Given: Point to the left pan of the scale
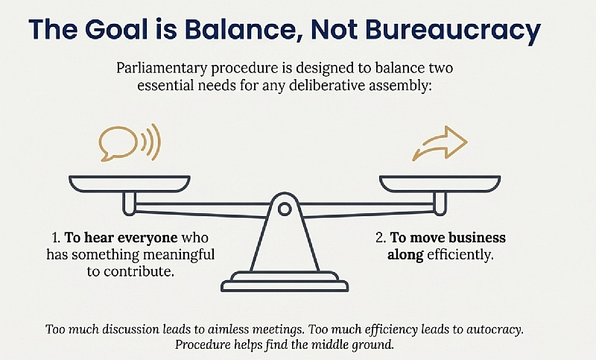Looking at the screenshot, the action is click(x=130, y=183).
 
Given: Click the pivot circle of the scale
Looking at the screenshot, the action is click(x=284, y=210).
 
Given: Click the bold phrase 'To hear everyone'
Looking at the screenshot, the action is click(x=111, y=239).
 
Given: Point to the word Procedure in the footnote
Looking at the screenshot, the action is click(x=203, y=345).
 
